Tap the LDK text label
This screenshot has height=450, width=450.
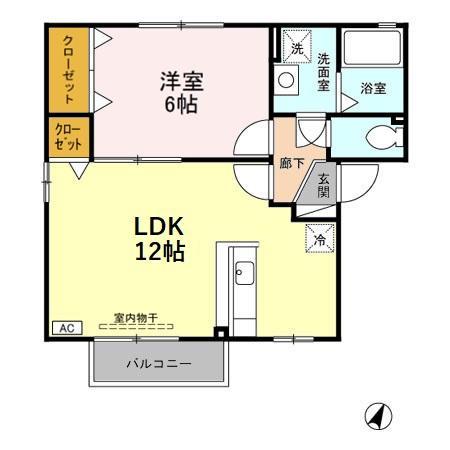tap(159, 225)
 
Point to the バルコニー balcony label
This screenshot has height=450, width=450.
tap(158, 364)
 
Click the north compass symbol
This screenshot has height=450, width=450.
tap(379, 415)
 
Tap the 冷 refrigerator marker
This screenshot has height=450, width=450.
tap(320, 240)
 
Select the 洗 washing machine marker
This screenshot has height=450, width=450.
tap(295, 47)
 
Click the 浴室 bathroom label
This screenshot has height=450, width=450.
tap(375, 87)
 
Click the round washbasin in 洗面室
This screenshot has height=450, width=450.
tap(287, 79)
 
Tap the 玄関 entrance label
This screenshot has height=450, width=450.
tap(324, 186)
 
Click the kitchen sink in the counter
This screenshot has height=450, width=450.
tap(245, 273)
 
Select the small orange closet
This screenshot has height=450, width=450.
tap(69, 138)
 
